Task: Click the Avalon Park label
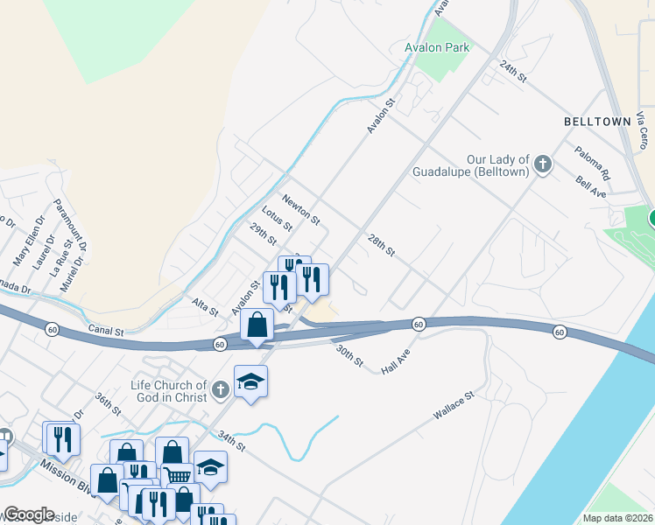[x=437, y=47]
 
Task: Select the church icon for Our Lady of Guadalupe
[x=543, y=164]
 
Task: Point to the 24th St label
[x=512, y=72]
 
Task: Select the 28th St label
[x=383, y=244]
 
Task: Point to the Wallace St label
[x=453, y=407]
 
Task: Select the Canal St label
[x=107, y=332]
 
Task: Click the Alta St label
[x=206, y=306]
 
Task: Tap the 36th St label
[x=108, y=403]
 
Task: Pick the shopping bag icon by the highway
[x=257, y=325]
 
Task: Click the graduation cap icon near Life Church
[x=250, y=381]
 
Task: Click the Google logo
[x=30, y=514]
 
